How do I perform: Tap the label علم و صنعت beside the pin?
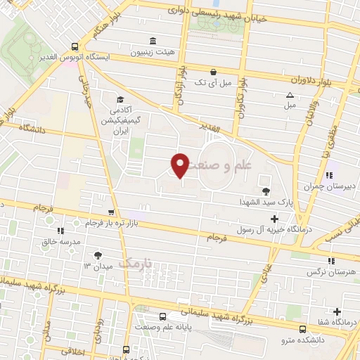225,166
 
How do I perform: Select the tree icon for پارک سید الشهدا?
266,191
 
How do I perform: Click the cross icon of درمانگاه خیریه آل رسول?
275,218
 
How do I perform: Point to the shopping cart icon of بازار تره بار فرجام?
110,212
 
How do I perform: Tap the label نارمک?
135,262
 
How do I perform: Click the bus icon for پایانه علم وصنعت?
163,317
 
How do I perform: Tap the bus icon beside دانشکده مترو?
302,328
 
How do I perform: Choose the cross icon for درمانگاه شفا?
338,311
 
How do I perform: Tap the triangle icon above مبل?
290,95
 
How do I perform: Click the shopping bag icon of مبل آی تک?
214,71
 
